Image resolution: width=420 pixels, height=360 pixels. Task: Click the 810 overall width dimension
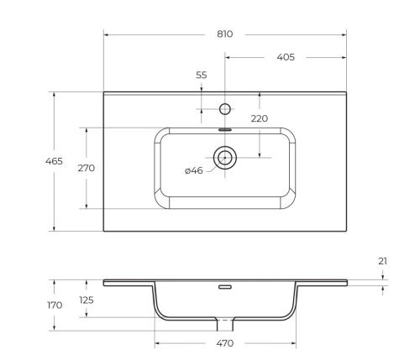click(224, 34)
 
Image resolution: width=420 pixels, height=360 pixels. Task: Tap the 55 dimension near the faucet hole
click(201, 76)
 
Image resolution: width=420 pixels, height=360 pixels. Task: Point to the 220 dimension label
click(260, 118)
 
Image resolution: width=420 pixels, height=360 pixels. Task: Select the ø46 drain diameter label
click(193, 171)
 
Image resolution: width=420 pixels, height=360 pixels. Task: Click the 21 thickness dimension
click(383, 262)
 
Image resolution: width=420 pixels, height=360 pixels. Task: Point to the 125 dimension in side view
click(86, 300)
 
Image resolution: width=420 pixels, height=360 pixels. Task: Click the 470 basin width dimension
click(224, 344)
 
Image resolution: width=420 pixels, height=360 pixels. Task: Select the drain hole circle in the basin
click(224, 156)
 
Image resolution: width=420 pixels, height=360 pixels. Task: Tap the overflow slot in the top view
click(224, 130)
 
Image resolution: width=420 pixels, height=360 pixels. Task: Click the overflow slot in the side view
click(224, 287)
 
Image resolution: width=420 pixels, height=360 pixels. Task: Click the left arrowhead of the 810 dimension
click(107, 34)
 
